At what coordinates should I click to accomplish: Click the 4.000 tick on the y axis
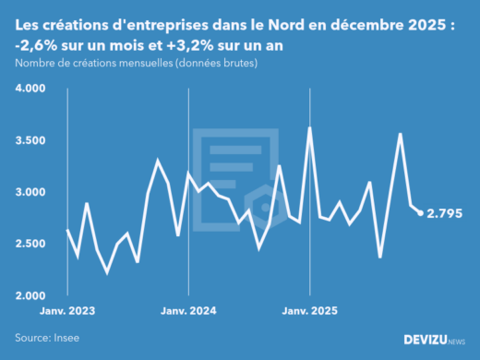[30, 89]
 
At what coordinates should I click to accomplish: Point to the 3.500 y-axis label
[30, 140]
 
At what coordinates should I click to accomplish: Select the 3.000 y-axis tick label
[30, 192]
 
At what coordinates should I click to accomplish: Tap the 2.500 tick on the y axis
[30, 244]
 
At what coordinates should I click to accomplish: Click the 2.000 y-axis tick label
[30, 295]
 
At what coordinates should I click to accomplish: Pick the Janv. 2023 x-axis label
[67, 312]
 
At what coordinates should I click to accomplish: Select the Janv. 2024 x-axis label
[188, 312]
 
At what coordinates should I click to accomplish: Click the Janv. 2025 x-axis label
[310, 312]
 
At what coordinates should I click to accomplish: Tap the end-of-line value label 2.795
[445, 213]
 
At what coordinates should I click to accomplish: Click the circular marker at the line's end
[421, 213]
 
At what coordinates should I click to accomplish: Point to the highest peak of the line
[310, 128]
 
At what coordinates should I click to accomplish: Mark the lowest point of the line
[107, 272]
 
